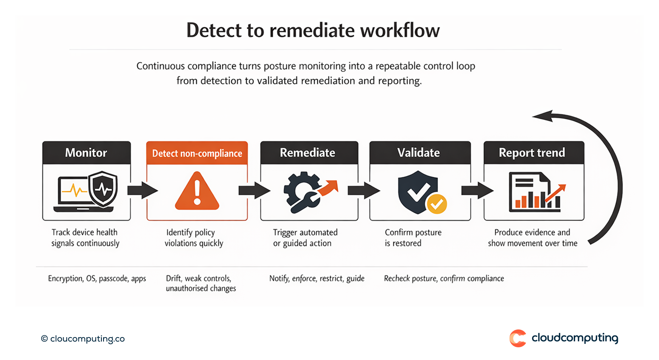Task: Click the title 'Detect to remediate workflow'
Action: [313, 31]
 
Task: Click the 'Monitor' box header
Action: [86, 153]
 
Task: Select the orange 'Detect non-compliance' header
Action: [197, 153]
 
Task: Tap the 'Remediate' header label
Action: [308, 153]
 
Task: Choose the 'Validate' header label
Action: [419, 153]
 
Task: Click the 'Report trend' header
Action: [532, 153]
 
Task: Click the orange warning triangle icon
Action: [197, 192]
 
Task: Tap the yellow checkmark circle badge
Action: [437, 204]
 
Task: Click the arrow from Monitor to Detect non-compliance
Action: [142, 190]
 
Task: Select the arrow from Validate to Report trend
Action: [477, 190]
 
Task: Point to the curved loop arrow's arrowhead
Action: [543, 116]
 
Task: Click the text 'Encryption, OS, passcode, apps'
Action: [97, 279]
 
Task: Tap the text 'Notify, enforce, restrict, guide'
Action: [317, 279]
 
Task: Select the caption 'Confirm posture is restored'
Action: [412, 238]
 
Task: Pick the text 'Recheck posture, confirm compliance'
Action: [444, 279]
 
